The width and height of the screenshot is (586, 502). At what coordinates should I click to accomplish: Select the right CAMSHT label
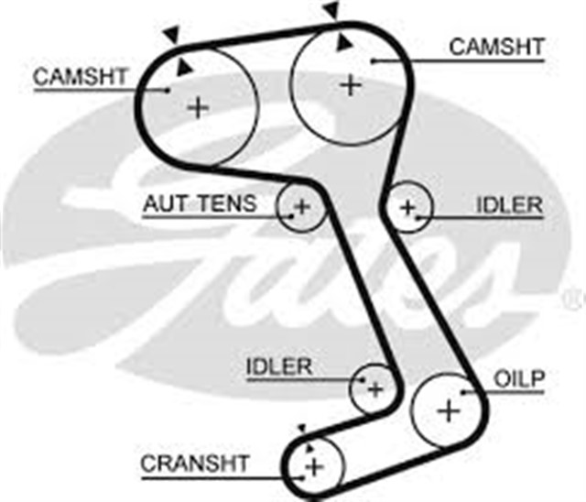click(x=497, y=46)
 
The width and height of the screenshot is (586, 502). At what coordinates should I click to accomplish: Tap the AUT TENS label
click(x=200, y=203)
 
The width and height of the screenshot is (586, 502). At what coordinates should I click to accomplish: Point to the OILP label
click(x=519, y=378)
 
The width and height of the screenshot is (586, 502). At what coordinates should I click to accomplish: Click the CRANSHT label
click(x=194, y=464)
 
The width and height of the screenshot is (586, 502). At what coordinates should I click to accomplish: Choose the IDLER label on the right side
click(x=509, y=204)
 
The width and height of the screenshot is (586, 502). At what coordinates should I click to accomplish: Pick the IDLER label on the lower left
click(x=279, y=366)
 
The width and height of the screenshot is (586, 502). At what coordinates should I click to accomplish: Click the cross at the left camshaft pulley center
click(x=198, y=107)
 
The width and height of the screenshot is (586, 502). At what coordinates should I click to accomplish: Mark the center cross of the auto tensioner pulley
click(x=302, y=207)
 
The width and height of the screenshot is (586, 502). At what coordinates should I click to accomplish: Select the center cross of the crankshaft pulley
click(x=314, y=468)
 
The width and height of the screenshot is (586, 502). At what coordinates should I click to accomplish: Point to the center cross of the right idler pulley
click(x=408, y=207)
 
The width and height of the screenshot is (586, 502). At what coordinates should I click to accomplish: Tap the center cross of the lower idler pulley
click(x=374, y=389)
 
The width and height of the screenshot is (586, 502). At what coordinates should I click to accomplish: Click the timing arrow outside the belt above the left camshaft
click(x=168, y=34)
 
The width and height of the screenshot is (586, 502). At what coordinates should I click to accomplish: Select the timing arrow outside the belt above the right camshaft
click(x=331, y=10)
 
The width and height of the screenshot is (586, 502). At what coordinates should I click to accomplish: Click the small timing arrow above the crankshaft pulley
click(x=300, y=429)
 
